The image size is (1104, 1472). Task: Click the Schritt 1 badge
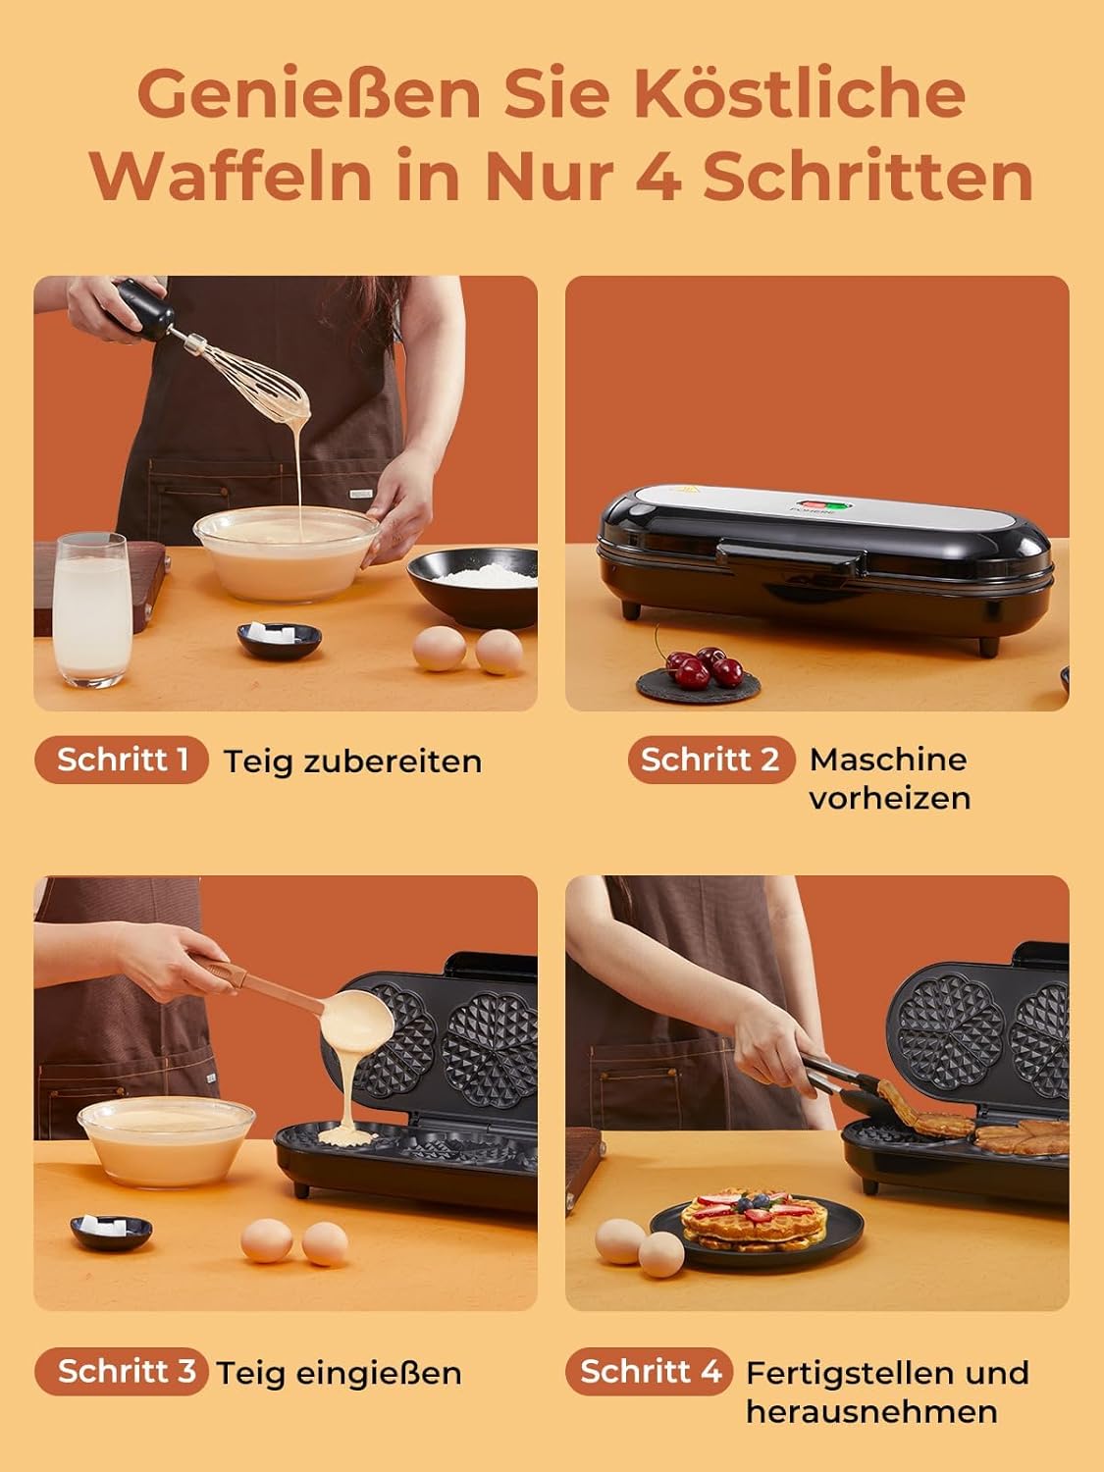pyautogui.click(x=122, y=760)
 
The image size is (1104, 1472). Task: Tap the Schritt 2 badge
pyautogui.click(x=711, y=760)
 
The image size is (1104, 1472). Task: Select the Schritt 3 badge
pyautogui.click(x=122, y=1371)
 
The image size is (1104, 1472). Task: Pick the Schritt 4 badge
pyautogui.click(x=649, y=1371)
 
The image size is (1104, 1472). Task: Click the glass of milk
pyautogui.click(x=91, y=609)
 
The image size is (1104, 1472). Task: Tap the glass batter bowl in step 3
pyautogui.click(x=167, y=1141)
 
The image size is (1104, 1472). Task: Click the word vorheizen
pyautogui.click(x=889, y=798)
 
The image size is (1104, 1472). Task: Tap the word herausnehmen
pyautogui.click(x=871, y=1411)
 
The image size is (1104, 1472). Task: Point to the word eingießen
pyautogui.click(x=379, y=1374)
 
